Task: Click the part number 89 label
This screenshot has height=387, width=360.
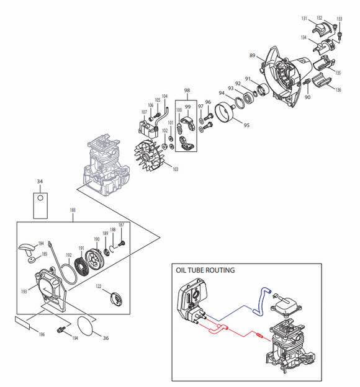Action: (x=253, y=56)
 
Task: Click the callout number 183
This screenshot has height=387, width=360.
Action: (x=73, y=211)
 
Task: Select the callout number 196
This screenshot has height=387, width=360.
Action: (x=42, y=335)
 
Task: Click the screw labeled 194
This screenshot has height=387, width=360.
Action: (x=61, y=329)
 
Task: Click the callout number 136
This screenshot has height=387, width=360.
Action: (x=338, y=91)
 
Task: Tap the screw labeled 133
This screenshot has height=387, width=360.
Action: (x=340, y=29)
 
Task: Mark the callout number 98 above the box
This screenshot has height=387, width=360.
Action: (x=187, y=91)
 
